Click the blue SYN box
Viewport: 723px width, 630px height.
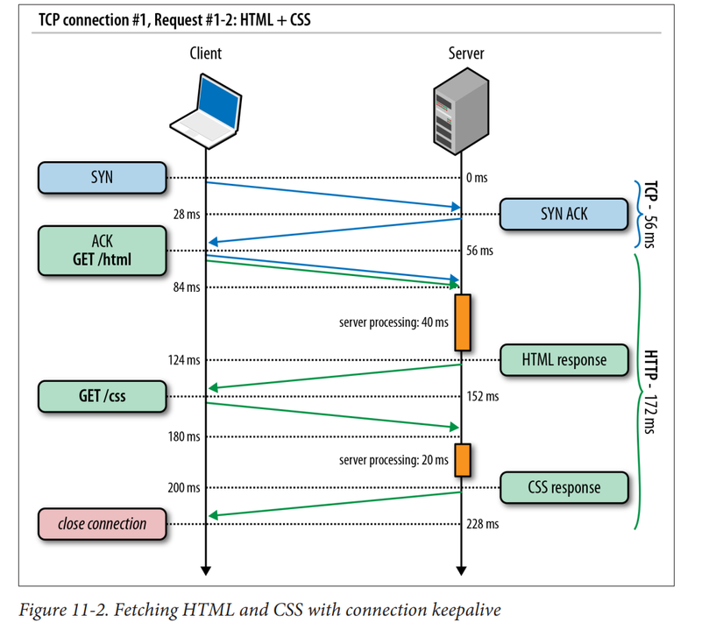click(x=102, y=177)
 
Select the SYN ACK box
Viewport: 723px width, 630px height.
click(x=564, y=213)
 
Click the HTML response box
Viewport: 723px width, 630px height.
click(x=564, y=359)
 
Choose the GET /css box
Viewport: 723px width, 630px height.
click(x=102, y=396)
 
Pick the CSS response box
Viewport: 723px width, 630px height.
click(x=564, y=487)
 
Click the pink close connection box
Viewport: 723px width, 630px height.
click(x=102, y=524)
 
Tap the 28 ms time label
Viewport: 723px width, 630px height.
click(x=186, y=215)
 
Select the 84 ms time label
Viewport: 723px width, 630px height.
click(x=186, y=287)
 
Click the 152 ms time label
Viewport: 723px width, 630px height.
click(x=483, y=396)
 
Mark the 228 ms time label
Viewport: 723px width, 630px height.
click(x=483, y=524)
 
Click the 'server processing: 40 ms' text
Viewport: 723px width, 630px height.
click(x=393, y=322)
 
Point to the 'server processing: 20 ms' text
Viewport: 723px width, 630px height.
click(x=393, y=459)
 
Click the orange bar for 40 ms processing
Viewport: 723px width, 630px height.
click(x=462, y=322)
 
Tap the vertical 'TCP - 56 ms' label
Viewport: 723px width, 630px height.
click(x=651, y=214)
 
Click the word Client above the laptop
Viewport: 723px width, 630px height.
click(x=205, y=53)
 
